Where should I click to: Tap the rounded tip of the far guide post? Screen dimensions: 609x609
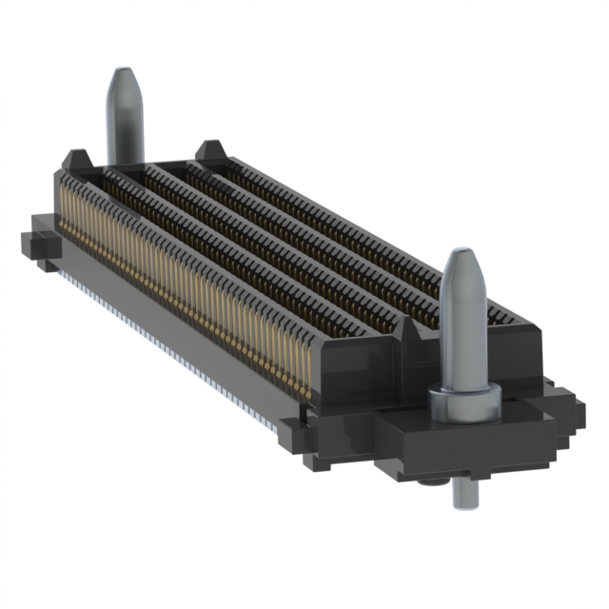pyautogui.click(x=124, y=78)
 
